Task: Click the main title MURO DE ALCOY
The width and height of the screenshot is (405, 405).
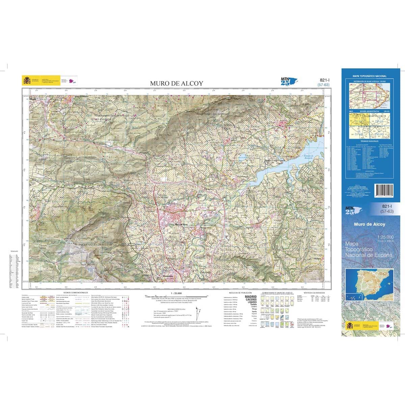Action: pos(177,83)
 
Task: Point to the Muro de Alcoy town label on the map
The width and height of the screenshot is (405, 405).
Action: pos(181,224)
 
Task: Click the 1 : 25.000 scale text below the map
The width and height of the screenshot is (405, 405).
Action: pos(176,293)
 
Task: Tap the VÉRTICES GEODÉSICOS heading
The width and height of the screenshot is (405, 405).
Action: pos(314,293)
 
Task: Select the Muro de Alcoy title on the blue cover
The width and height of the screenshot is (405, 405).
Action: pos(370,224)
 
